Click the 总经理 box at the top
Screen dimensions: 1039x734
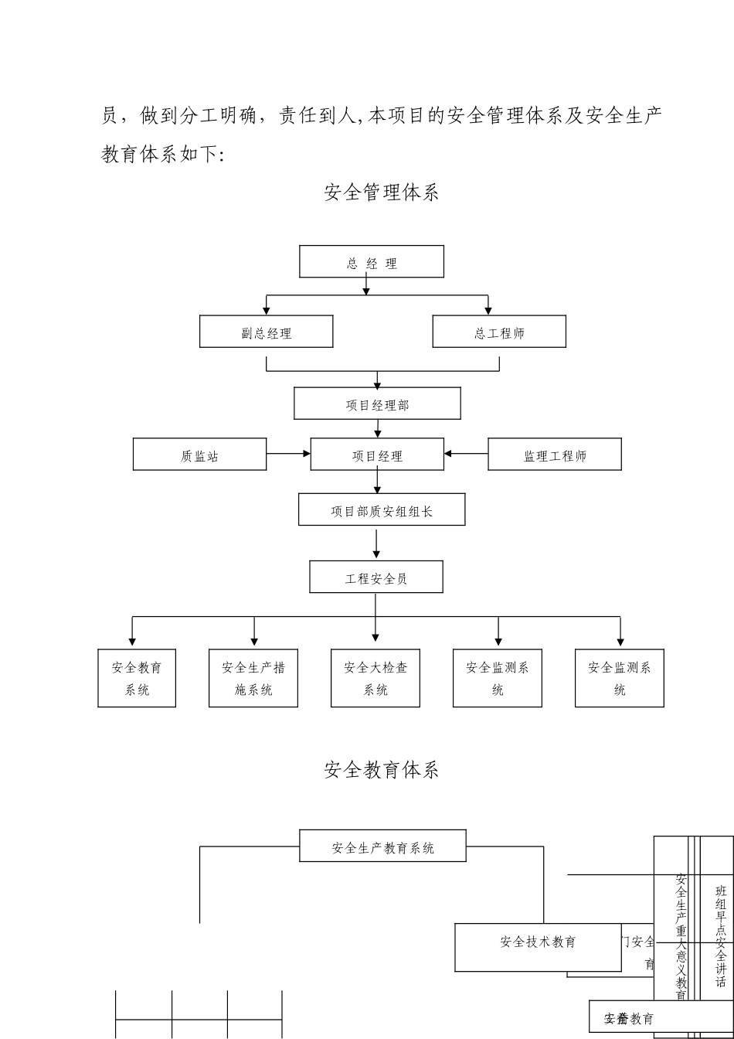[x=372, y=262]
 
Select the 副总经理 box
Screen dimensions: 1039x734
[x=267, y=332]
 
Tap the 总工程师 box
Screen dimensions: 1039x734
[x=499, y=332]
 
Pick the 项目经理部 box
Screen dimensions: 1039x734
[x=377, y=404]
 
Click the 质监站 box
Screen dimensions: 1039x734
[x=199, y=455]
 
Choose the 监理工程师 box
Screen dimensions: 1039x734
[x=555, y=455]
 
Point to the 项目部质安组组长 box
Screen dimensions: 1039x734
[x=382, y=509]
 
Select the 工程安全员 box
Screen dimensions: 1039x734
[x=376, y=577]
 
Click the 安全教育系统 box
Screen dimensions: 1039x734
[x=137, y=678]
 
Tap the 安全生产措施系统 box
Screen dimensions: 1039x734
[x=253, y=678]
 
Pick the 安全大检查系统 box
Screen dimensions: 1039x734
[x=375, y=678]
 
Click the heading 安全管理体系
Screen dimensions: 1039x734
[x=382, y=192]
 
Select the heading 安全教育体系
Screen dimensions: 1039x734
[x=382, y=769]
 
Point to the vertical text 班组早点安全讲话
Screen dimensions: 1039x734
[x=720, y=936]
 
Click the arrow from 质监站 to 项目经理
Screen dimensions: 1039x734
[x=288, y=454]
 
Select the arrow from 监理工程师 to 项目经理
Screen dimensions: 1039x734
[x=466, y=454]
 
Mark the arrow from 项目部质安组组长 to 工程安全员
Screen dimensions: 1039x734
[x=376, y=543]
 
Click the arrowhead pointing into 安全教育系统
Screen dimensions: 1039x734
[x=133, y=642]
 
